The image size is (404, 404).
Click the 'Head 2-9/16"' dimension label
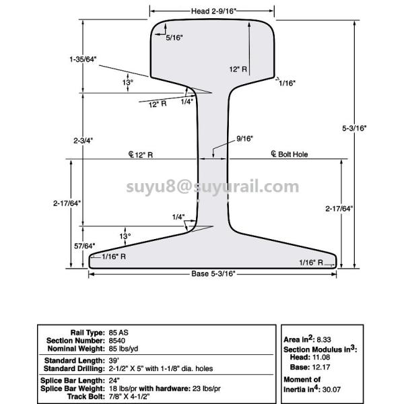[212, 11]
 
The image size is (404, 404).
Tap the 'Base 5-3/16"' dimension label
[212, 274]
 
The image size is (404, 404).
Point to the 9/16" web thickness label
[244, 139]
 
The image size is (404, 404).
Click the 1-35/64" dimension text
[83, 60]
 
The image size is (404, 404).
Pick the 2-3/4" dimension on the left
[83, 140]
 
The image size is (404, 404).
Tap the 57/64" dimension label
[84, 245]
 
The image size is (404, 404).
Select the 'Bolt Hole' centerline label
[291, 154]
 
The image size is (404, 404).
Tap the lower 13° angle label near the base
[125, 236]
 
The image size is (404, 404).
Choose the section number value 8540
[117, 340]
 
